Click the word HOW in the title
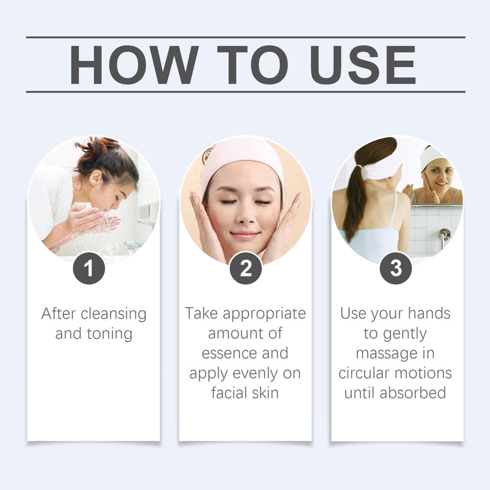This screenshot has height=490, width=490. [134, 65]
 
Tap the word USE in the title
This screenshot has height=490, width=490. [363, 65]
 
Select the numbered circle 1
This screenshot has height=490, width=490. [89, 268]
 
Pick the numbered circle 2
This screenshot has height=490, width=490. [246, 268]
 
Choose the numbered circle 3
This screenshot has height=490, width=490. [396, 268]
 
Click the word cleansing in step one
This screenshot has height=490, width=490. [114, 314]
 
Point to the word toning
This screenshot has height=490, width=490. [109, 334]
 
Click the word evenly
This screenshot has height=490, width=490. [255, 373]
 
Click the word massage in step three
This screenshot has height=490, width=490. [387, 354]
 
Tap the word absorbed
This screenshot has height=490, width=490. [413, 393]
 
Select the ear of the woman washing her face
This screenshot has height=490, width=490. [96, 179]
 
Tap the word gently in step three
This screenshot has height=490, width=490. [405, 334]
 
